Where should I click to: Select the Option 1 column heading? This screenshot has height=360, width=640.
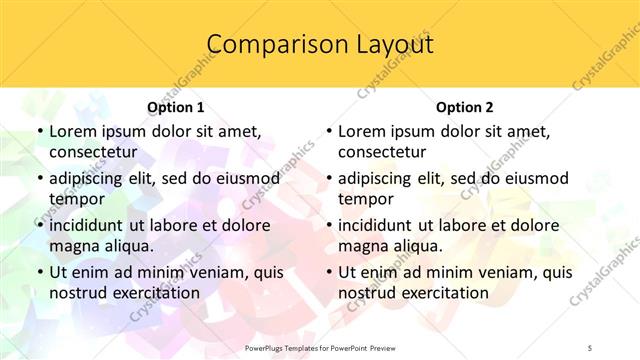tap(176, 108)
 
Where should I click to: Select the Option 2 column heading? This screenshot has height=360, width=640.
tap(465, 108)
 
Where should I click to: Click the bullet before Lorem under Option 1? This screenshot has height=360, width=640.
tap(39, 131)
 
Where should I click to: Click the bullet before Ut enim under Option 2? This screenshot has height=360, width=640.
tap(328, 272)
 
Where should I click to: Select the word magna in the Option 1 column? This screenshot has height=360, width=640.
tap(72, 246)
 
